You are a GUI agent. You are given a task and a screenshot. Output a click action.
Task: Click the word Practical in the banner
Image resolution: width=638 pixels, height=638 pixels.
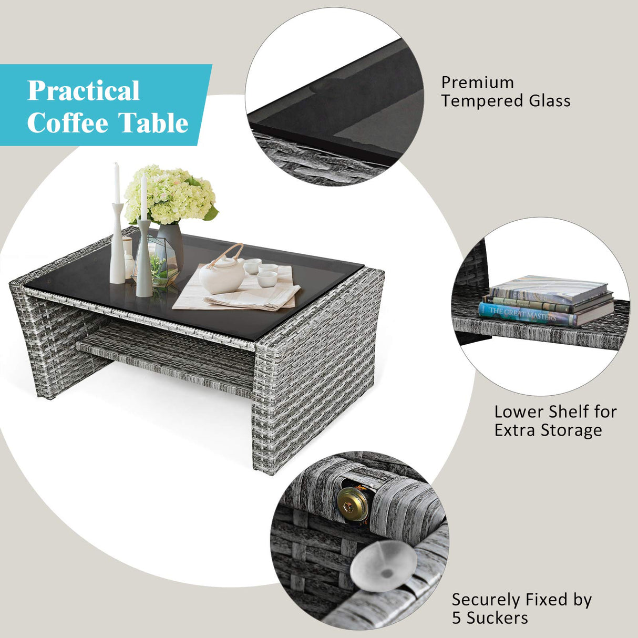pyautogui.click(x=83, y=91)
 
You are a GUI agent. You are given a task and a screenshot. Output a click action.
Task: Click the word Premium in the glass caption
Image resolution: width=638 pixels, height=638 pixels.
pyautogui.click(x=477, y=83)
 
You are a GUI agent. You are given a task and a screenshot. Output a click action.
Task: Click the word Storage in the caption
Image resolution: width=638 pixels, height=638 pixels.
pyautogui.click(x=571, y=430)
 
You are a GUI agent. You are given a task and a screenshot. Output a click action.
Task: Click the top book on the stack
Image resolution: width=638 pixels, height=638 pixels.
pyautogui.click(x=549, y=289)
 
